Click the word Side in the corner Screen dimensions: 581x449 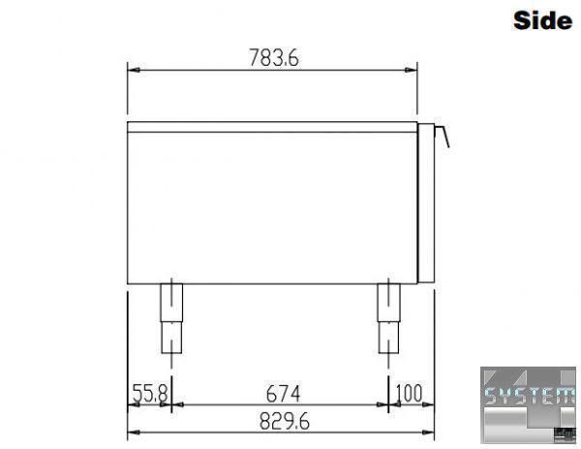542,20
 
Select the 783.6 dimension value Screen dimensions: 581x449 274,58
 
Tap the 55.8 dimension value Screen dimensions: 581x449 150,393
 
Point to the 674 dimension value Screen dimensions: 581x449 284,394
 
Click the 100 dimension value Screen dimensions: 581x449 409,393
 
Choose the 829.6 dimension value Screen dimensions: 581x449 284,421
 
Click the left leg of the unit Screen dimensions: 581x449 171,318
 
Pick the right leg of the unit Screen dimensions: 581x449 388,318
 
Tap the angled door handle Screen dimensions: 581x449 443,136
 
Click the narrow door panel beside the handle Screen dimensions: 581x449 426,203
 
